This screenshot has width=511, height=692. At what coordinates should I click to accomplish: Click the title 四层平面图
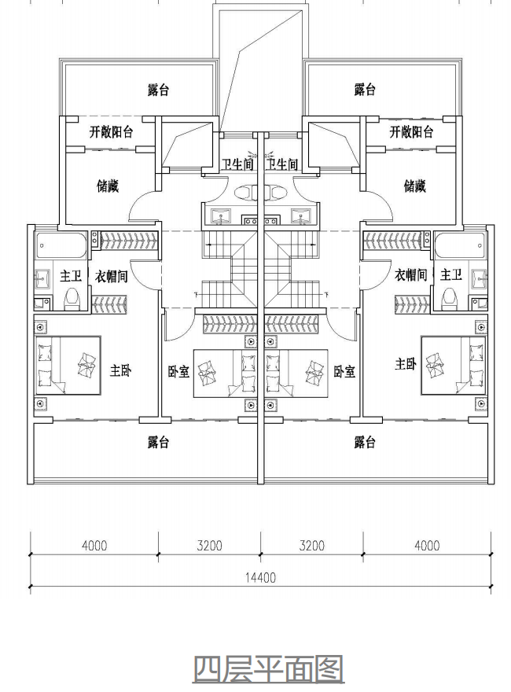click(x=268, y=669)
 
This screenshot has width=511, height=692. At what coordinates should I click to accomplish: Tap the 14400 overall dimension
click(x=260, y=577)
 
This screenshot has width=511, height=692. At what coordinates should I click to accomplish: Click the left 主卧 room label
click(x=120, y=370)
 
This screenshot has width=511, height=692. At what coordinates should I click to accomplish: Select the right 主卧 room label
click(x=406, y=364)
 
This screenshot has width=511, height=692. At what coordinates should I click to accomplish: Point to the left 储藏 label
click(x=108, y=186)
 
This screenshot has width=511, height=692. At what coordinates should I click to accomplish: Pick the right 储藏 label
click(x=415, y=186)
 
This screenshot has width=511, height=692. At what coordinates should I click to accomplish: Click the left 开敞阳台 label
click(x=111, y=131)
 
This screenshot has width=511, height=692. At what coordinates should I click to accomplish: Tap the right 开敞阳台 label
click(x=411, y=131)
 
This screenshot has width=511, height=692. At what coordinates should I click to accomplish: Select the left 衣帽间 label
click(x=111, y=276)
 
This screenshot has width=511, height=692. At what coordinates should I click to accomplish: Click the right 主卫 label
click(x=451, y=275)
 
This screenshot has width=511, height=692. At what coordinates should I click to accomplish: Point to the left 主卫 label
click(x=71, y=276)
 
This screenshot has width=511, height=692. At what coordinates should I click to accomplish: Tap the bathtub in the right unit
click(x=460, y=245)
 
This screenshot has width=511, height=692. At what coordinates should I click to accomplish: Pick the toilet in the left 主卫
click(x=72, y=299)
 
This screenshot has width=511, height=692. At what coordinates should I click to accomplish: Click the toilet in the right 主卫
click(x=450, y=299)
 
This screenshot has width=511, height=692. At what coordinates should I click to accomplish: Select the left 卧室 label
click(x=178, y=372)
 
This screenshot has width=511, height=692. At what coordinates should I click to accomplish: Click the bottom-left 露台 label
click(x=158, y=442)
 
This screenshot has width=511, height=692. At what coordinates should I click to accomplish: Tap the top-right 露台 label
click(x=365, y=90)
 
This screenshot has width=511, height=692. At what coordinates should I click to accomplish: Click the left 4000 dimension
click(x=94, y=546)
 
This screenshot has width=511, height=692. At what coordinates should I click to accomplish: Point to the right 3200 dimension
click(x=311, y=546)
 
